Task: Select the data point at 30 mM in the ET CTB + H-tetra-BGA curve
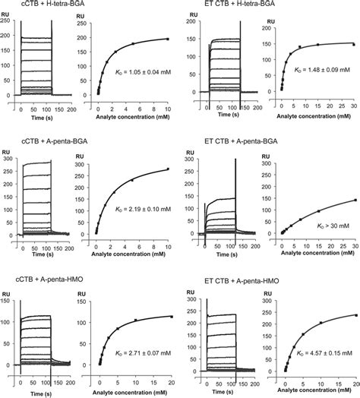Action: [x=352, y=44]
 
